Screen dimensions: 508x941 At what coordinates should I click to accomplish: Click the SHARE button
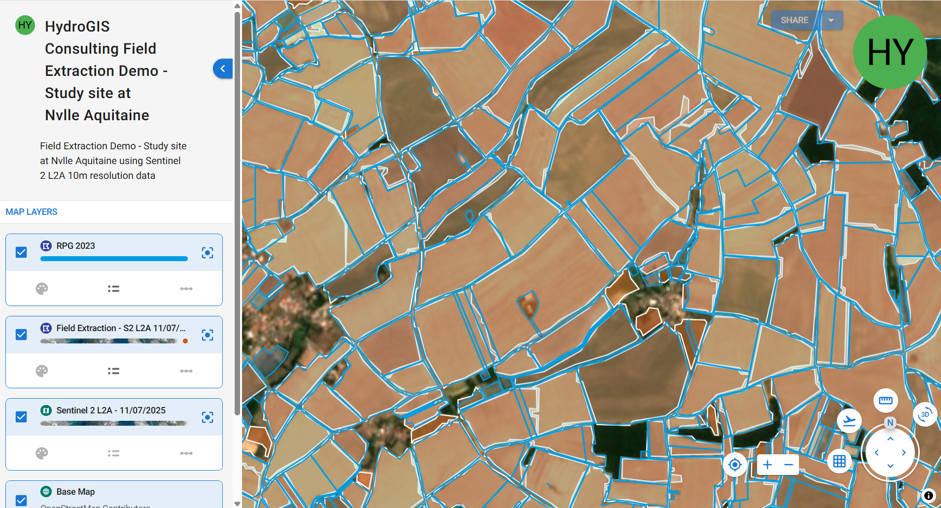794,20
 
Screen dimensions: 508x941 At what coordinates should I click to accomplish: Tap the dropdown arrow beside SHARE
831,20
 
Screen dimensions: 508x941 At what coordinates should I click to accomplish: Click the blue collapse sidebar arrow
223,68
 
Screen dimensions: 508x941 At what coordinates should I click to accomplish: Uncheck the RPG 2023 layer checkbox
21,252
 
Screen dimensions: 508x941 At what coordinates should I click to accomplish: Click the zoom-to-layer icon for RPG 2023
208,253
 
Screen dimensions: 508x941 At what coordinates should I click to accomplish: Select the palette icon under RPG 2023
42,289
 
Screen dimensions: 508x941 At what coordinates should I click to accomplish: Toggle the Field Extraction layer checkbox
21,335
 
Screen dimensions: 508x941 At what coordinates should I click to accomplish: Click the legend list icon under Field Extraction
114,371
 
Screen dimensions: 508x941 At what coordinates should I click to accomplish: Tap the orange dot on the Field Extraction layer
185,341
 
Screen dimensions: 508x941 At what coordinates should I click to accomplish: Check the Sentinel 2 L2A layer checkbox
21,417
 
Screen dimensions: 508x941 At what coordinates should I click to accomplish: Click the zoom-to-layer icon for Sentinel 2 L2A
208,417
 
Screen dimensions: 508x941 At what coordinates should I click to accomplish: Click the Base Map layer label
75,492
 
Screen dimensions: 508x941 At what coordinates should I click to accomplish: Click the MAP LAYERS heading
32,212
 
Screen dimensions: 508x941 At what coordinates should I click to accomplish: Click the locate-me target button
734,465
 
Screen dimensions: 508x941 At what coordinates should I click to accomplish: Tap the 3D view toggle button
925,414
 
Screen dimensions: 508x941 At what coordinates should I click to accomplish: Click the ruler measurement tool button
885,401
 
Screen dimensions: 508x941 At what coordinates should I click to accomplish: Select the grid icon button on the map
839,462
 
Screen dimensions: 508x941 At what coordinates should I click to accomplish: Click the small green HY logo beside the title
25,25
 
